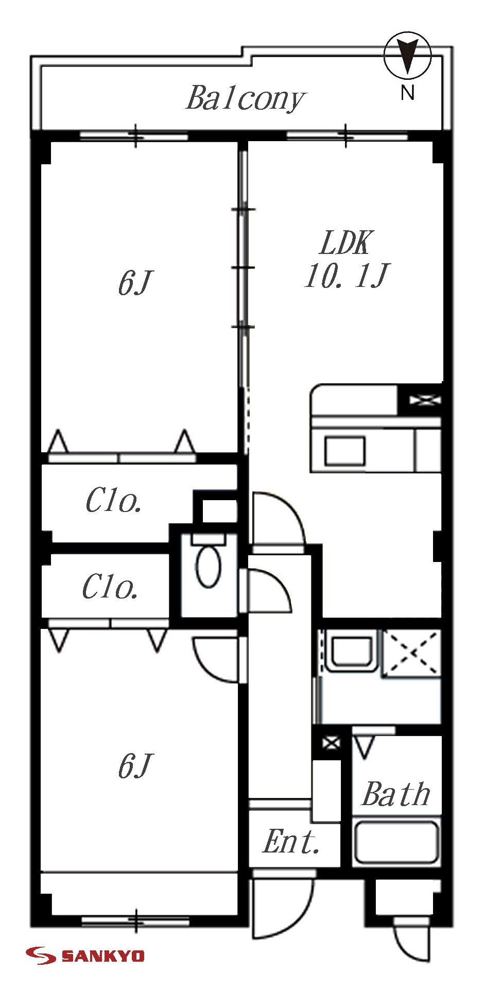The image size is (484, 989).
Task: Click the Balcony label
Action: [x=245, y=98]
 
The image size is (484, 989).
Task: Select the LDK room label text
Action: [x=345, y=244]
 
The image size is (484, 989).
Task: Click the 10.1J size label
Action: [x=347, y=276]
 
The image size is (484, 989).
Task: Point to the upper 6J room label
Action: [x=135, y=283]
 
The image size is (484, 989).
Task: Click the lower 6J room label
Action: [x=135, y=766]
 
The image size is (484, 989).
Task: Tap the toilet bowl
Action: [x=209, y=567]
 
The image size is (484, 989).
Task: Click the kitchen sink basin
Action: [x=344, y=451]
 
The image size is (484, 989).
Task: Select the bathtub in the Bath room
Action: [x=396, y=842]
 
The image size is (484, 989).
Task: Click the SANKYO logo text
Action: [x=102, y=956]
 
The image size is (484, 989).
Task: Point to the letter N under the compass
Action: [x=407, y=93]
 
